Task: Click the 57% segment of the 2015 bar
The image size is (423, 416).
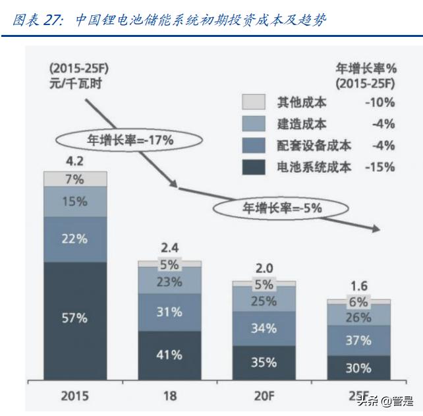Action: (75, 318)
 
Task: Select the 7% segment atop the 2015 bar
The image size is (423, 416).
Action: (75, 179)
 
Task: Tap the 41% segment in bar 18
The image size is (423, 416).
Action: (169, 354)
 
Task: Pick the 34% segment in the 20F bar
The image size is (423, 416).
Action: (264, 328)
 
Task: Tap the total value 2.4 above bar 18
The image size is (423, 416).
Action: (169, 248)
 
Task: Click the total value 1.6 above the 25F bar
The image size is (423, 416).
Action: (358, 286)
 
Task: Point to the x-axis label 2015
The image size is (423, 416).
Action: (74, 397)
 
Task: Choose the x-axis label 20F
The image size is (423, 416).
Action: (264, 397)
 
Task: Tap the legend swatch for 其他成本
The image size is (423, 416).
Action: (254, 102)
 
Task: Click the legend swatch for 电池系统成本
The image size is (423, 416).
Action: (254, 167)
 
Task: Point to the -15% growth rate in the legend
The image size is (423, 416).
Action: (379, 167)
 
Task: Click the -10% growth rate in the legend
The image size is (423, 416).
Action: (379, 102)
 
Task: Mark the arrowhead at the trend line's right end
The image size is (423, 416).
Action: (377, 229)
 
